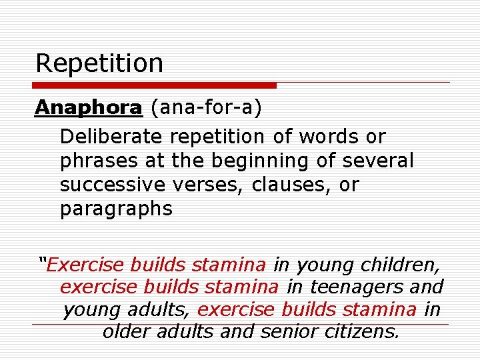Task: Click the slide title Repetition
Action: coord(99,63)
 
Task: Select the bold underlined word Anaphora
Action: coord(89,107)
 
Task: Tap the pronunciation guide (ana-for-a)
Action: coord(206,107)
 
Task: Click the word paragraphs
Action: coord(116,209)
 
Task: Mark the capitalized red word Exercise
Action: coord(86,265)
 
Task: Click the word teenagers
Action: coord(354,287)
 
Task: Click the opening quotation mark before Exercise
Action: coord(43,261)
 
